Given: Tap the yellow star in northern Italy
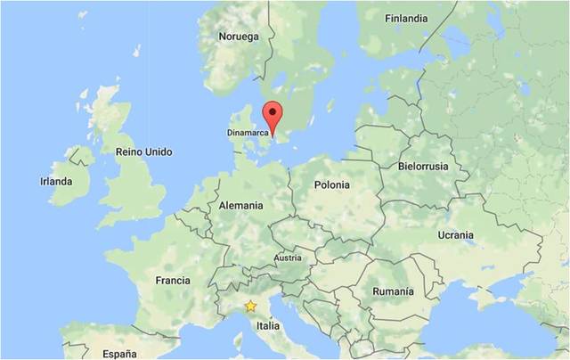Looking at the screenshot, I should pyautogui.click(x=251, y=306).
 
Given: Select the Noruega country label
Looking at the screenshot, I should pyautogui.click(x=239, y=37).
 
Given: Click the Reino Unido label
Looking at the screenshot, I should pyautogui.click(x=144, y=151).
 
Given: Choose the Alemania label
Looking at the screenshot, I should pyautogui.click(x=240, y=206).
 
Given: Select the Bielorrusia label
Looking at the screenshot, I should pyautogui.click(x=423, y=167).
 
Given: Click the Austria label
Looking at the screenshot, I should pyautogui.click(x=288, y=258).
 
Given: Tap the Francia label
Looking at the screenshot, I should pyautogui.click(x=173, y=280).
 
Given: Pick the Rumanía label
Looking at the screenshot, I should pyautogui.click(x=393, y=291).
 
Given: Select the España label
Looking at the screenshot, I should pyautogui.click(x=118, y=353).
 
